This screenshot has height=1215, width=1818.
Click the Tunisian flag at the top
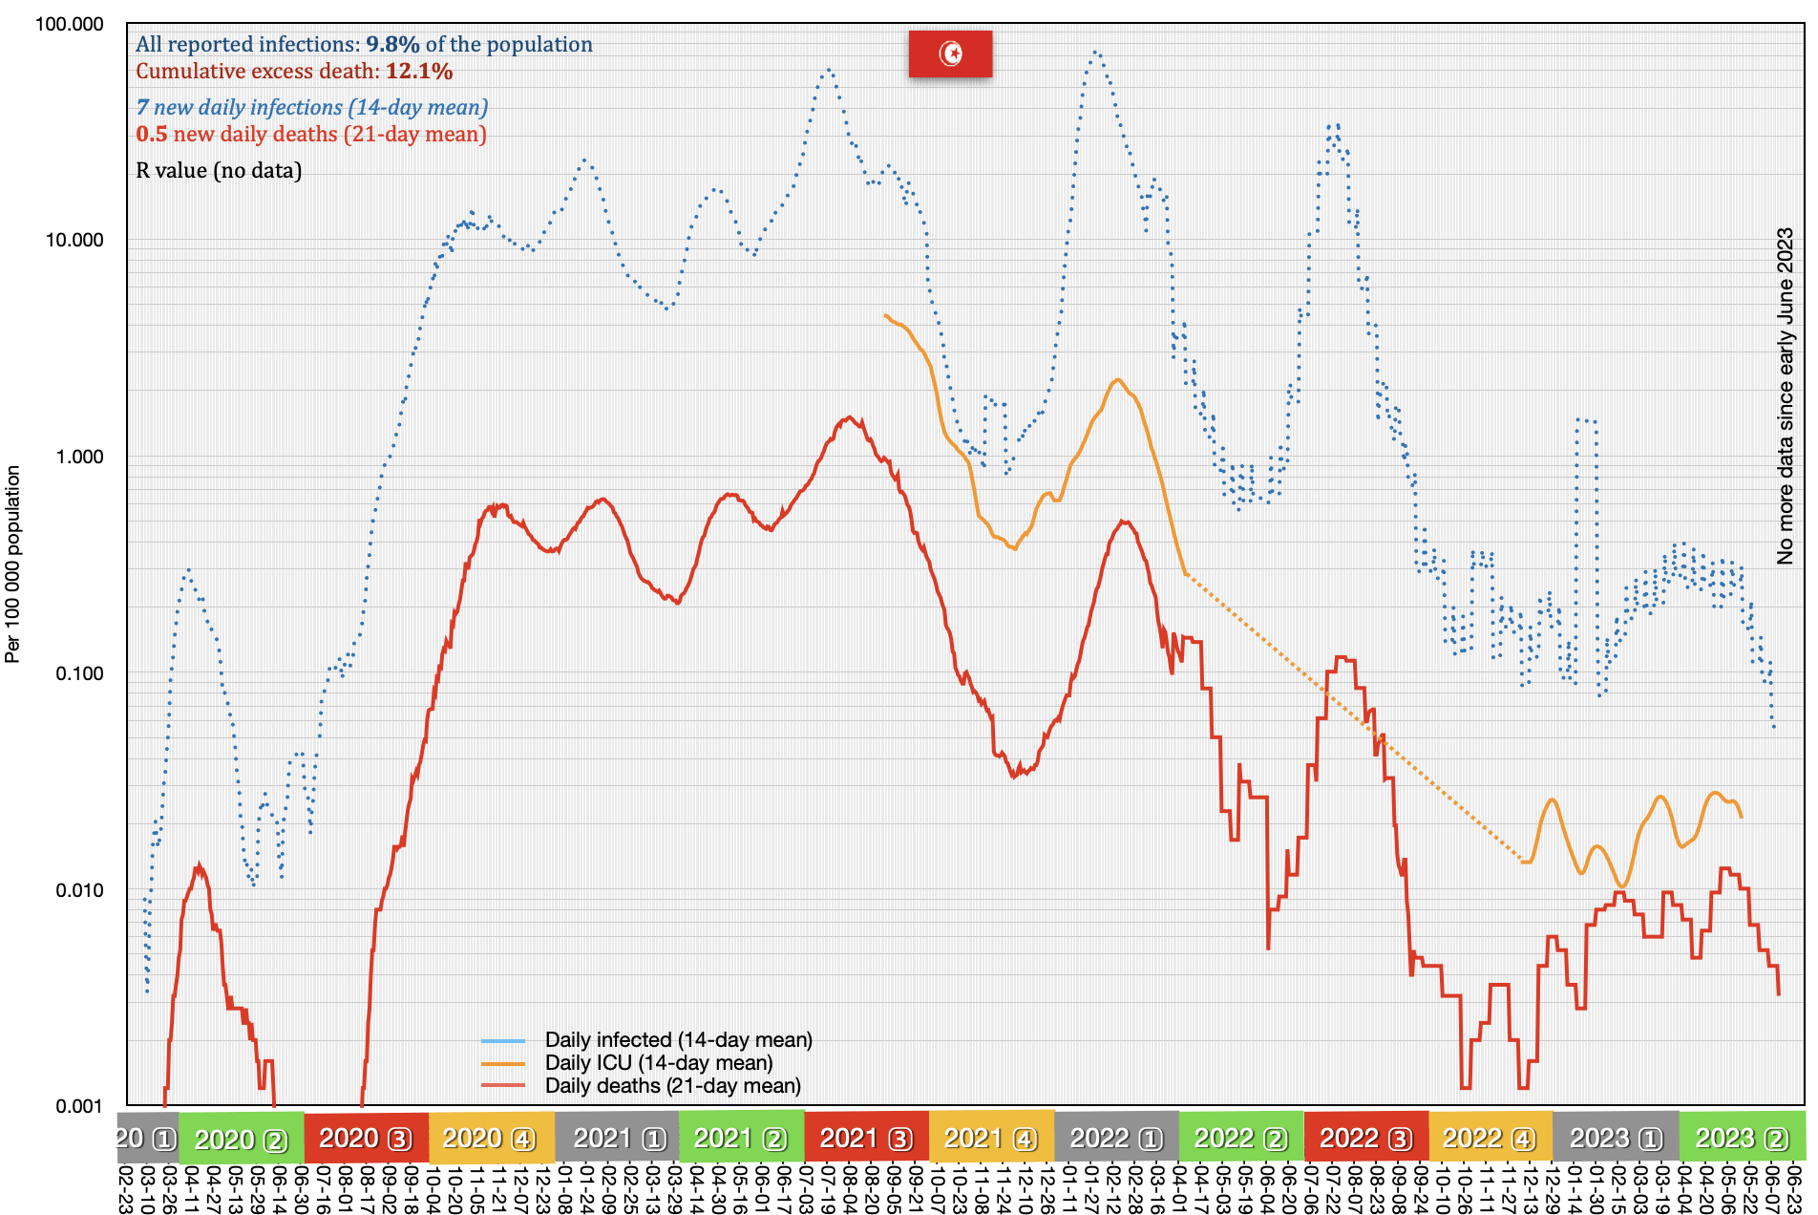click(950, 53)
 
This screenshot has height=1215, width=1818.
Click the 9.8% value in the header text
click(392, 45)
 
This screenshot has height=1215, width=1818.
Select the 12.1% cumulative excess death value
click(419, 72)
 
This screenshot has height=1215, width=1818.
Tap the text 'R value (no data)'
click(219, 171)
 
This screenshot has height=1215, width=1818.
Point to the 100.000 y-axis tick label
click(69, 24)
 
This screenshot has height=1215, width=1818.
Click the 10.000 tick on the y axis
click(74, 240)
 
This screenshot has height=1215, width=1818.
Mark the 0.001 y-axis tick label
click(79, 1106)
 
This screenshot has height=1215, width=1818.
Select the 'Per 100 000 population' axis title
click(12, 564)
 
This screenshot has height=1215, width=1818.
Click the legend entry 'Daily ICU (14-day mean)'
click(658, 1063)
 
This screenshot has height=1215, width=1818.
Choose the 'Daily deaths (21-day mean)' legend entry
click(672, 1086)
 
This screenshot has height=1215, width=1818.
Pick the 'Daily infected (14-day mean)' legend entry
click(678, 1040)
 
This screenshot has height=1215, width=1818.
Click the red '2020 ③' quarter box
click(366, 1139)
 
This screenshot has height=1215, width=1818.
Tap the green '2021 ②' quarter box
click(741, 1139)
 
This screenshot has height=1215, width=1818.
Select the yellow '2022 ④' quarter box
click(1490, 1139)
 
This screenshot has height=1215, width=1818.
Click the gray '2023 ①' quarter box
click(1616, 1139)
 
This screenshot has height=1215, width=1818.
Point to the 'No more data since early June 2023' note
click(1785, 395)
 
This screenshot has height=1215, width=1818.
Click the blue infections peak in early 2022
click(1095, 53)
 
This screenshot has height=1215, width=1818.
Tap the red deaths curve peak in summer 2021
click(849, 417)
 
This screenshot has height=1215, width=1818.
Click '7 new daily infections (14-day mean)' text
click(312, 108)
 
